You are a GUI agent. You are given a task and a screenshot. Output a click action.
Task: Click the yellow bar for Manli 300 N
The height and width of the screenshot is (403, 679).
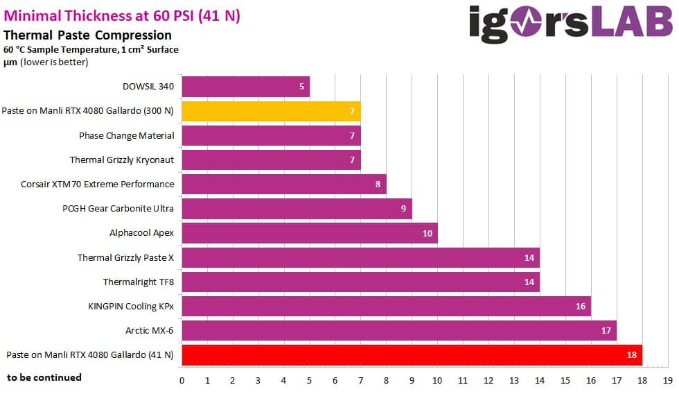(270, 111)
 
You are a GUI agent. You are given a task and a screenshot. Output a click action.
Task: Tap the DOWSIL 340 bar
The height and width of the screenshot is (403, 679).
(245, 87)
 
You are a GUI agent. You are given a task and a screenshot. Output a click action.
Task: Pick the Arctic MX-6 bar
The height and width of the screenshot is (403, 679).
(398, 330)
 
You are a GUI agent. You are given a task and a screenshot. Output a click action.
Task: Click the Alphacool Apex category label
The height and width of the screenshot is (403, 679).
(141, 232)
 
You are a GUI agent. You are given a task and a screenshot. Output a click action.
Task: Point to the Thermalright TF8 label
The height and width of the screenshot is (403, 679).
(139, 282)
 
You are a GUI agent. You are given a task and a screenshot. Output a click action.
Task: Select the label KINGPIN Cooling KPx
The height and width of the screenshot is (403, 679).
(131, 306)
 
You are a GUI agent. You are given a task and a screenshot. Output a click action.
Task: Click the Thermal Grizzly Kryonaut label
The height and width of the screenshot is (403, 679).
(122, 160)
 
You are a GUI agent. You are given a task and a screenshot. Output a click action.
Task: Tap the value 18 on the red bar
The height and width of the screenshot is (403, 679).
(631, 354)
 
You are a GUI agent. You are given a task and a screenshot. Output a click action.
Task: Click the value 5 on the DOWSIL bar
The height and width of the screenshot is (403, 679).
(301, 87)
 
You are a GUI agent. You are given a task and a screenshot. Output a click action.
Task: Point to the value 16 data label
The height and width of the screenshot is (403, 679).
(580, 306)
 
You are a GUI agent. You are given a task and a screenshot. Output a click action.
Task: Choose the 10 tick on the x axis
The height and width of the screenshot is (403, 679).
(438, 380)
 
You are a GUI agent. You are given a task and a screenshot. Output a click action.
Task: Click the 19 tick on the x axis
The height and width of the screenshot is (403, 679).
(667, 380)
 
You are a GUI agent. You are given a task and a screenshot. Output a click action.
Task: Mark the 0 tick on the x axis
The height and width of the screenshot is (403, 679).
(182, 380)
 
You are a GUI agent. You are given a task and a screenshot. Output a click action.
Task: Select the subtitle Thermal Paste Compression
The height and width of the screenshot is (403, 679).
(87, 35)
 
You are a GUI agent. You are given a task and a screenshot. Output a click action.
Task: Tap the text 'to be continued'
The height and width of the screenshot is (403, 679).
(44, 377)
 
